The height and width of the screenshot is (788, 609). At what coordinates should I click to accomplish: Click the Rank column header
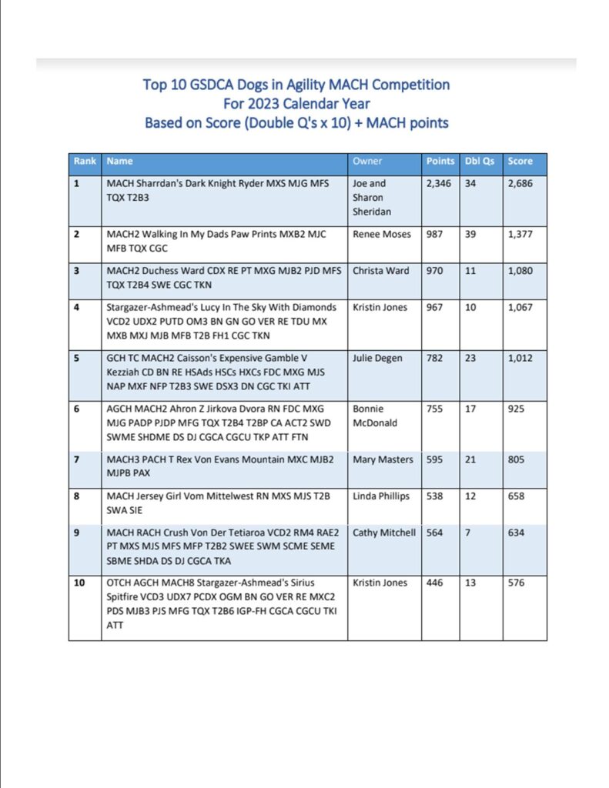(x=85, y=162)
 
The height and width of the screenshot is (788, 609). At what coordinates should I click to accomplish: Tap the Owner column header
(x=367, y=162)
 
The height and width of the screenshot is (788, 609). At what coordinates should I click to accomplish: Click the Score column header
(x=520, y=162)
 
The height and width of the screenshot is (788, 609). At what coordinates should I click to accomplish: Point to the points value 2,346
(x=440, y=184)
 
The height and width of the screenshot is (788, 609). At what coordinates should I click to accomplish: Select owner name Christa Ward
(x=383, y=270)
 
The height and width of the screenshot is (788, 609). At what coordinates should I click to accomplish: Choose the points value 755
(x=435, y=409)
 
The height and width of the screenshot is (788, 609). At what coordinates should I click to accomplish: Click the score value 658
(x=516, y=496)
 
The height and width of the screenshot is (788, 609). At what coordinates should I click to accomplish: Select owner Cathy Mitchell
(x=385, y=533)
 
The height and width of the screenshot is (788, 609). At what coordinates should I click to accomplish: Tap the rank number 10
(x=79, y=583)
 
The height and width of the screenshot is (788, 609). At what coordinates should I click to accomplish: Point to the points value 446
(x=435, y=583)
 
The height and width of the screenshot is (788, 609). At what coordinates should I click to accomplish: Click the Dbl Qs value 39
(x=470, y=233)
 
